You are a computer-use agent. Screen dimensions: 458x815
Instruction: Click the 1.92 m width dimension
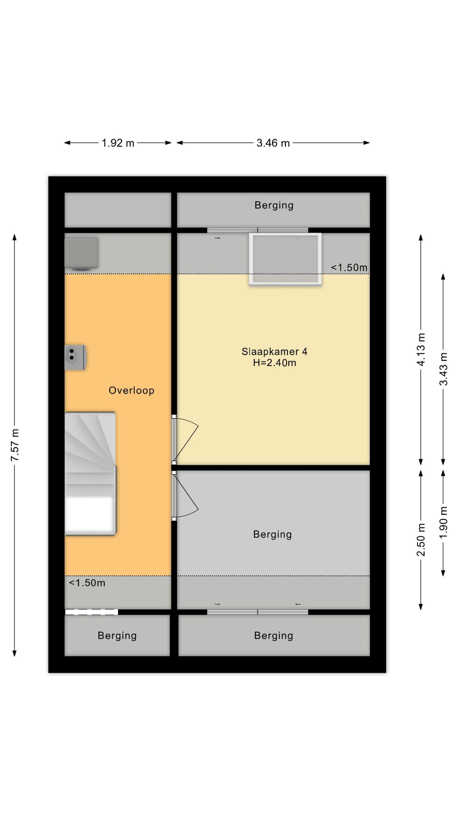pos(118,143)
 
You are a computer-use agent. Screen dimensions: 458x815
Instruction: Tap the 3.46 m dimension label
pos(273,143)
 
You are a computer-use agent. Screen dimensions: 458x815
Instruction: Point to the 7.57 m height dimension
pos(15,445)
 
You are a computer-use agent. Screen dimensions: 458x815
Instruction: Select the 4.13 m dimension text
pos(421,350)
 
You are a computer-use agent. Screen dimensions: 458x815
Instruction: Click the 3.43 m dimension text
pos(443,369)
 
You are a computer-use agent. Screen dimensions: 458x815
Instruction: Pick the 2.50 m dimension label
pos(421,540)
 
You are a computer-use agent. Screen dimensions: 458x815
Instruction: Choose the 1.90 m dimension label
pos(443,522)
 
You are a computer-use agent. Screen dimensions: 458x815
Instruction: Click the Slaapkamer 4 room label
pos(274,351)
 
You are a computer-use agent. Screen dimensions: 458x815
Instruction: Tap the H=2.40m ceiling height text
pos(274,363)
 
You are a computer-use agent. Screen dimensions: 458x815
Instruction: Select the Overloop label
pos(131,390)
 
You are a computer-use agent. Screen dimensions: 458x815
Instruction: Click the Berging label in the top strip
pos(274,205)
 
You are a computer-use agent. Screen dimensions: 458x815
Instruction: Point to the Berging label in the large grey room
pos(273,534)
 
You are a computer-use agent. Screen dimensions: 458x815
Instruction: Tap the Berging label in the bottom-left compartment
pos(117,635)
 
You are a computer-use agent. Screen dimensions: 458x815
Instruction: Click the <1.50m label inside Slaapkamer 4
pos(349,267)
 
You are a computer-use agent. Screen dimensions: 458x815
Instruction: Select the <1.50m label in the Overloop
pos(87,583)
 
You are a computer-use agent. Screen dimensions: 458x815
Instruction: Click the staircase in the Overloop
pos(90,474)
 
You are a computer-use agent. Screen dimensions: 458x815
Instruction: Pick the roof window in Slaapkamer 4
pos(285,259)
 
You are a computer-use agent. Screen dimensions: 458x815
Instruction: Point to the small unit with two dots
pos(75,357)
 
